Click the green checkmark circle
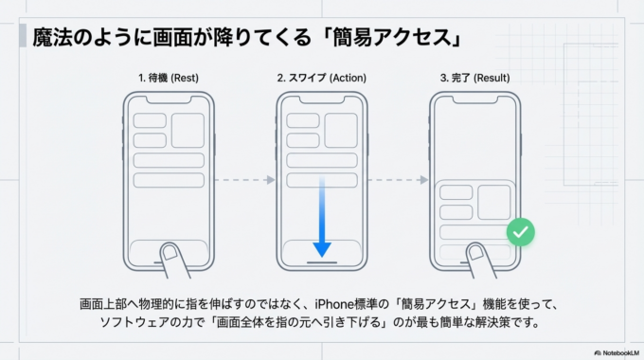coord(519,232)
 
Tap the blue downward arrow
coord(322,218)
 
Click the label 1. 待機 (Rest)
coord(170,78)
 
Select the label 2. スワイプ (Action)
coord(321,78)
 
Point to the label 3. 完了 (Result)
coord(473,78)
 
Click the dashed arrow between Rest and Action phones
coord(245,178)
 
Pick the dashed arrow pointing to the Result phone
coord(397,178)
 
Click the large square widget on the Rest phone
coord(188,131)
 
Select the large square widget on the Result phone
coord(493,202)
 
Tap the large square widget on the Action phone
coord(339,131)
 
